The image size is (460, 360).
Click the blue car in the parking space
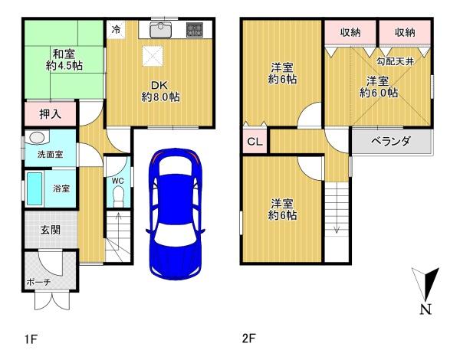(176, 214)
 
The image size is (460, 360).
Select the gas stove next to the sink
(194, 30)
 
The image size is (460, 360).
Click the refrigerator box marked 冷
(117, 29)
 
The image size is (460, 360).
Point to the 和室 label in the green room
(64, 54)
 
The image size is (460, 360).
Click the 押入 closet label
(51, 114)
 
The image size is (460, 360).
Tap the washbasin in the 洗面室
(37, 138)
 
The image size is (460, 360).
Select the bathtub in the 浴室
(34, 188)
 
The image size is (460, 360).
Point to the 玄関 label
(51, 230)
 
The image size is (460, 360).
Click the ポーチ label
(38, 282)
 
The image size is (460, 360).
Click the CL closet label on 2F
(255, 142)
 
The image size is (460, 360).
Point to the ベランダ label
(390, 141)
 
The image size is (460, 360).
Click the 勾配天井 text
(395, 61)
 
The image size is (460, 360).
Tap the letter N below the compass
(426, 309)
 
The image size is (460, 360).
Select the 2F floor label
(248, 339)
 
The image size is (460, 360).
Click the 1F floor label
(31, 339)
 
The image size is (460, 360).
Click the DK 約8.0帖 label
(160, 91)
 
